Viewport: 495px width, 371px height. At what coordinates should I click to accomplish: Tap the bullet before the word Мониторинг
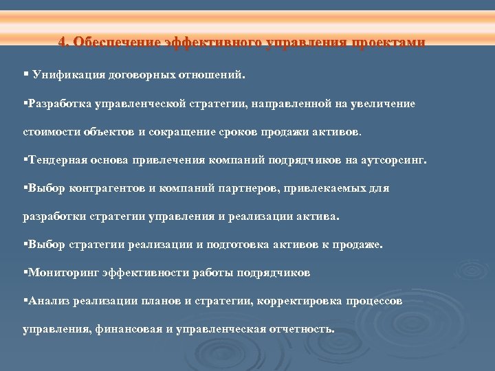pyautogui.click(x=25, y=272)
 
